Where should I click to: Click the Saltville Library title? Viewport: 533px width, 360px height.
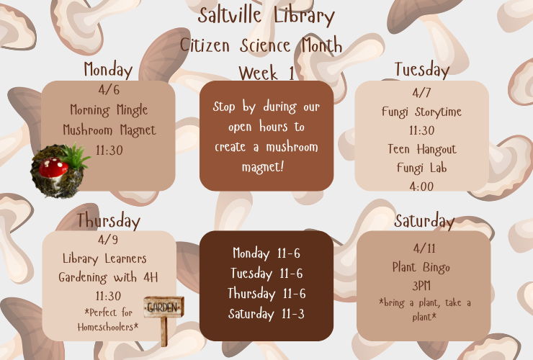coord(266,16)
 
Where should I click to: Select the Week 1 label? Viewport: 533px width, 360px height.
coord(266,73)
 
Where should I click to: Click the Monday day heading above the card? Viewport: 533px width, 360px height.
coord(108,70)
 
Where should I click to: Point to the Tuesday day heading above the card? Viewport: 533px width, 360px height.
coord(421,70)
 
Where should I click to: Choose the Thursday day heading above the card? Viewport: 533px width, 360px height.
coord(108,220)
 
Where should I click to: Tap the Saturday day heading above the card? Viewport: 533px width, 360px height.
coord(424,221)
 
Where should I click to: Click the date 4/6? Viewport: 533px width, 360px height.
coord(108,91)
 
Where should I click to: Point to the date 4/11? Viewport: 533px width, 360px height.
coord(422,249)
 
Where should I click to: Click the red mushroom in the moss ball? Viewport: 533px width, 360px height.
coord(55,168)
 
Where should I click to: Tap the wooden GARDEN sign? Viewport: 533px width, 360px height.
coord(163,307)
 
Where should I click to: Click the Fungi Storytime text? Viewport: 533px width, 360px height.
coord(421,112)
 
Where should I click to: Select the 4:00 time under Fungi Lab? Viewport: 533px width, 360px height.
coord(421,186)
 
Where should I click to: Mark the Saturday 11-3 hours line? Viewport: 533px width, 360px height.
coord(266,314)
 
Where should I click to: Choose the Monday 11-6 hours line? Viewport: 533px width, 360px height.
coord(266,253)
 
